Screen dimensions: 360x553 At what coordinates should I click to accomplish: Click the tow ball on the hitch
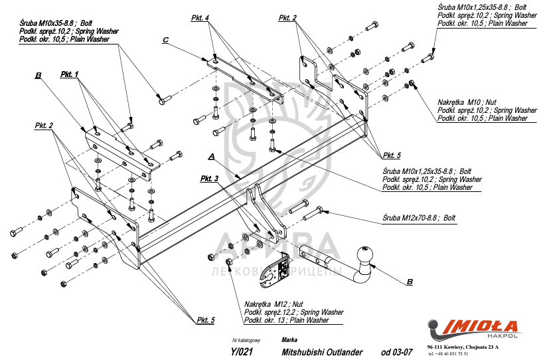[364, 254]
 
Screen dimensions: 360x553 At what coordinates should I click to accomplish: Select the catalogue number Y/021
[241, 352]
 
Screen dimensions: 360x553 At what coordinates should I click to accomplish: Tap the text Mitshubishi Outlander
[322, 352]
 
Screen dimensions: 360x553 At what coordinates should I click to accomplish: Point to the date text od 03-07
[397, 352]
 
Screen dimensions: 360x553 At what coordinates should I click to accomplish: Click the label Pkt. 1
[70, 74]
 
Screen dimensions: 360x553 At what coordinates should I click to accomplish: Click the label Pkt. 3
[209, 179]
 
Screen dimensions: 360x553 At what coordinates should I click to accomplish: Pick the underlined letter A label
[211, 157]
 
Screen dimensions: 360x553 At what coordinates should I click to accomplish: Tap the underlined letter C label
[165, 41]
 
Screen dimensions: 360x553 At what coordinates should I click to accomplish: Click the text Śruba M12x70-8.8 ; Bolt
[419, 217]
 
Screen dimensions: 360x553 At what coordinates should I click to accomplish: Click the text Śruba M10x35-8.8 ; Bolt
[49, 23]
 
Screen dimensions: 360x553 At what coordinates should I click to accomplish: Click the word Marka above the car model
[289, 339]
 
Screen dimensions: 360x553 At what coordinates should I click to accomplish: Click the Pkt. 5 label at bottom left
[205, 320]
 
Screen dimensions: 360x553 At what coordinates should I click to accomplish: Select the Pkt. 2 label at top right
[287, 18]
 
